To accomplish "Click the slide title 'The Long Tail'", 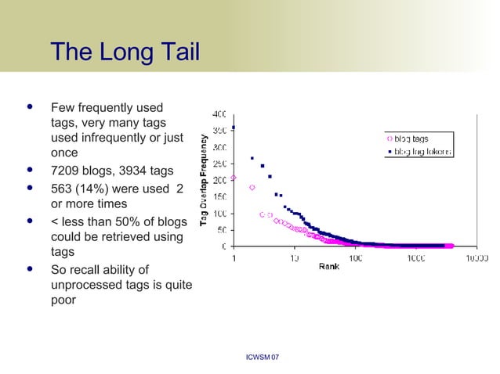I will coord(125,53).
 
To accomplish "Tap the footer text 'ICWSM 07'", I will coord(263,358).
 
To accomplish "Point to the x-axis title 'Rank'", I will coord(329,268).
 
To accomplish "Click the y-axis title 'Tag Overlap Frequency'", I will coord(204,181).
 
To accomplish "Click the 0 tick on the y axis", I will coord(225,246).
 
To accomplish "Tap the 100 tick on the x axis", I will coord(355,257).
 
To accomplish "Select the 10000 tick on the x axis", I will coord(476,257).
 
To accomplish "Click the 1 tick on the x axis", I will coord(234,257).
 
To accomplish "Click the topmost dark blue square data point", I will coord(234,127).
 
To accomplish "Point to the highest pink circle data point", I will coord(234,178).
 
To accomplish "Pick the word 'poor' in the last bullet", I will coord(63,300).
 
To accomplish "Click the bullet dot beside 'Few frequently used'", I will coord(30,104).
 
